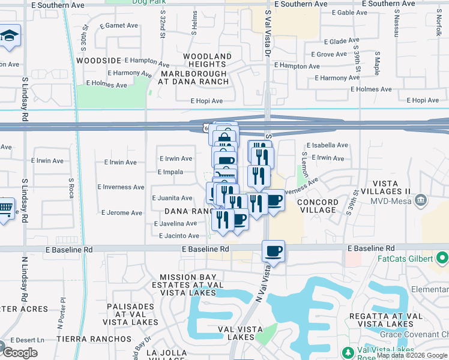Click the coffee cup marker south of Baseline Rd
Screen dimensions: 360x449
point(273,251)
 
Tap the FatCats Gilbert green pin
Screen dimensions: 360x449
point(443,259)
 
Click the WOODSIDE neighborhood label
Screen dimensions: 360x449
point(97,61)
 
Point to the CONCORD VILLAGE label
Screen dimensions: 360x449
point(316,206)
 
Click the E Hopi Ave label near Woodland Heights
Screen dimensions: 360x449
point(206,101)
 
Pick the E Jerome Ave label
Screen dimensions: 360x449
point(122,212)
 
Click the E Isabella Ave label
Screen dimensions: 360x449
point(327,145)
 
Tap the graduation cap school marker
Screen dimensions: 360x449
point(9,35)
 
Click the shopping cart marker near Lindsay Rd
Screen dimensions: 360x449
point(5,209)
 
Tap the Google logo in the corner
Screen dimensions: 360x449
point(20,353)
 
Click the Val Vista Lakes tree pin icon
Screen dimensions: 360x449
point(347,352)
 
